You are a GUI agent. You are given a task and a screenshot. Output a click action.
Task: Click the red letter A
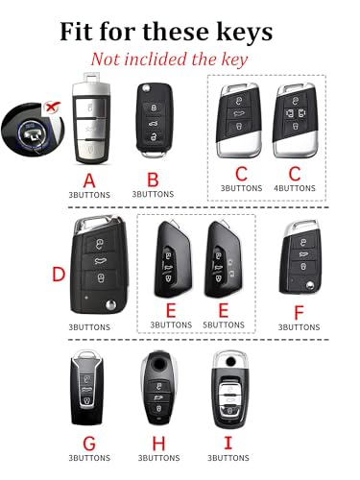click(89, 180)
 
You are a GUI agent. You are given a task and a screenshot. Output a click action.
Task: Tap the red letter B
click(153, 180)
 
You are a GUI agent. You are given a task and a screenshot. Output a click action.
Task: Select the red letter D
click(59, 275)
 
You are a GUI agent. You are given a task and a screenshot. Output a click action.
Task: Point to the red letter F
click(299, 313)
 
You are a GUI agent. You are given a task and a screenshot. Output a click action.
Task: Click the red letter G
click(89, 444)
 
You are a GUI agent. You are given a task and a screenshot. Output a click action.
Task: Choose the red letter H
click(158, 444)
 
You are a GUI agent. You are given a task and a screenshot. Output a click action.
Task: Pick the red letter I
click(228, 443)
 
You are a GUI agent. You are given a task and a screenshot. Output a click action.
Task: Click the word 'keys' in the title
click(245, 32)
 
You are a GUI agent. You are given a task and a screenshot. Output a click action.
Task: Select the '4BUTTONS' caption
click(295, 188)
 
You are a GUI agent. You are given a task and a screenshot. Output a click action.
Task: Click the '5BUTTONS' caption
click(224, 324)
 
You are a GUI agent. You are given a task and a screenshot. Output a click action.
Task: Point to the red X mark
click(52, 107)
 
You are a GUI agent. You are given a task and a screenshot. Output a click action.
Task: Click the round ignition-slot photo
click(33, 131)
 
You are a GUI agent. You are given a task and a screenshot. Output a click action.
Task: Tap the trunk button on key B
click(154, 123)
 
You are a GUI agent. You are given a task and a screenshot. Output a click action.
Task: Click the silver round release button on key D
click(110, 304)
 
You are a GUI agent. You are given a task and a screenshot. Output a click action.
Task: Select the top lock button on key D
click(100, 244)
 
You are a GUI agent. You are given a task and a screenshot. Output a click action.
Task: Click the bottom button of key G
click(87, 400)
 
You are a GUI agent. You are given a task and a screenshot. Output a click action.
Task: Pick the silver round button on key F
click(309, 285)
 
